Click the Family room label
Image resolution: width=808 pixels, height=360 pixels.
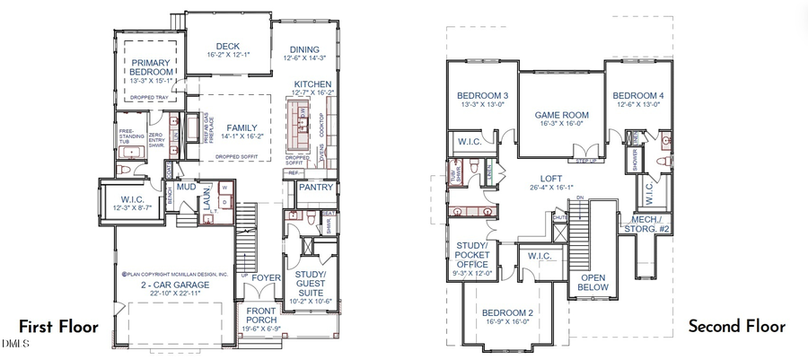[x=241, y=127]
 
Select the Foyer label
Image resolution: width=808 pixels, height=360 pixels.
[x=266, y=278]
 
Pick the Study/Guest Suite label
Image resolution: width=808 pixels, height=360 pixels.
[x=311, y=279]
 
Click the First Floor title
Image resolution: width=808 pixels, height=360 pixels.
[x=59, y=326]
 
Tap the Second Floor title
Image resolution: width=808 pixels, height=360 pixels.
[x=736, y=326]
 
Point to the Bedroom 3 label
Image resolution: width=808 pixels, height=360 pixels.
[x=482, y=96]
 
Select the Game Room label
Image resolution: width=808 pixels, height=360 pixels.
[x=561, y=115]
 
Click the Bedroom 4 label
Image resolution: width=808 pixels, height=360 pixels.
[x=638, y=95]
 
